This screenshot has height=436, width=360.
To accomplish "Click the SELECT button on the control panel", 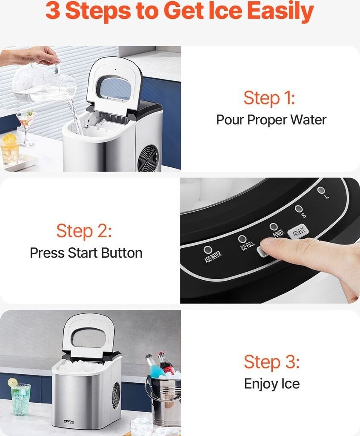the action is pyautogui.click(x=298, y=232).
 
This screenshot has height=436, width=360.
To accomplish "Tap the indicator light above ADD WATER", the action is pyautogui.click(x=208, y=250).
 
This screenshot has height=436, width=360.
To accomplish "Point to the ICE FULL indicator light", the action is pyautogui.click(x=242, y=239).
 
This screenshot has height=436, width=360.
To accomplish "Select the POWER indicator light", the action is pyautogui.click(x=274, y=227).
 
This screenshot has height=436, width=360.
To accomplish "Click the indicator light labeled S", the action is pyautogui.click(x=299, y=209).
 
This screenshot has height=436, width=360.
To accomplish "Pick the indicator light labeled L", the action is pyautogui.click(x=321, y=190).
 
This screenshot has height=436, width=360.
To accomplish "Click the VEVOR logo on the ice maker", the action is pyautogui.click(x=69, y=422).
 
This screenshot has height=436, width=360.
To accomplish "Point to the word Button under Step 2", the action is pyautogui.click(x=121, y=253).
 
